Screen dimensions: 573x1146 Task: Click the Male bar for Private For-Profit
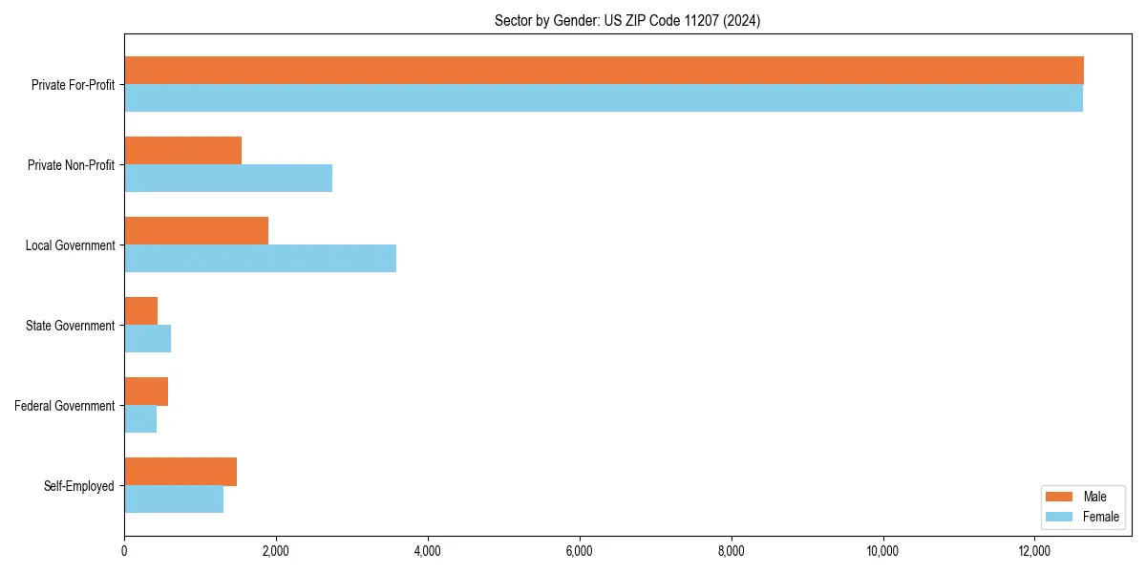pos(604,71)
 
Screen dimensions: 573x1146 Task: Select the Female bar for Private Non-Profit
pos(228,178)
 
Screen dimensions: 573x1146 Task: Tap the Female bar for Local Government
pos(260,258)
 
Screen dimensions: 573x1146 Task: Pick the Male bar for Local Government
pos(196,231)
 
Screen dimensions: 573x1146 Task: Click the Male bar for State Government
pos(140,311)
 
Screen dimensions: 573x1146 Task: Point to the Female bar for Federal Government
pos(140,418)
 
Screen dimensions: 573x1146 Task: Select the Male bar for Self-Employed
pos(180,472)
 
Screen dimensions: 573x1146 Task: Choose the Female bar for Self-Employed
pos(174,499)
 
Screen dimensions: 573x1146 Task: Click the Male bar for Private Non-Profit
pos(182,151)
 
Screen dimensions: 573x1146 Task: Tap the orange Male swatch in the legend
pos(1060,497)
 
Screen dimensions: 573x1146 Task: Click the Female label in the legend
pos(1100,517)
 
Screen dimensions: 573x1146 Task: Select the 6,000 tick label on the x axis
pos(580,551)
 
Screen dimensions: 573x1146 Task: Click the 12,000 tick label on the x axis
pos(1034,551)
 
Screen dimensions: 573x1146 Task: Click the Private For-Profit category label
pos(73,85)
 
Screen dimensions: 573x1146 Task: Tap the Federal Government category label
pos(65,406)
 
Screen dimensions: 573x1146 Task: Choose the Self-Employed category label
pos(79,486)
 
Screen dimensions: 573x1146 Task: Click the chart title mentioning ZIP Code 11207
pos(627,20)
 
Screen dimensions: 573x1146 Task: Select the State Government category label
pos(70,326)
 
